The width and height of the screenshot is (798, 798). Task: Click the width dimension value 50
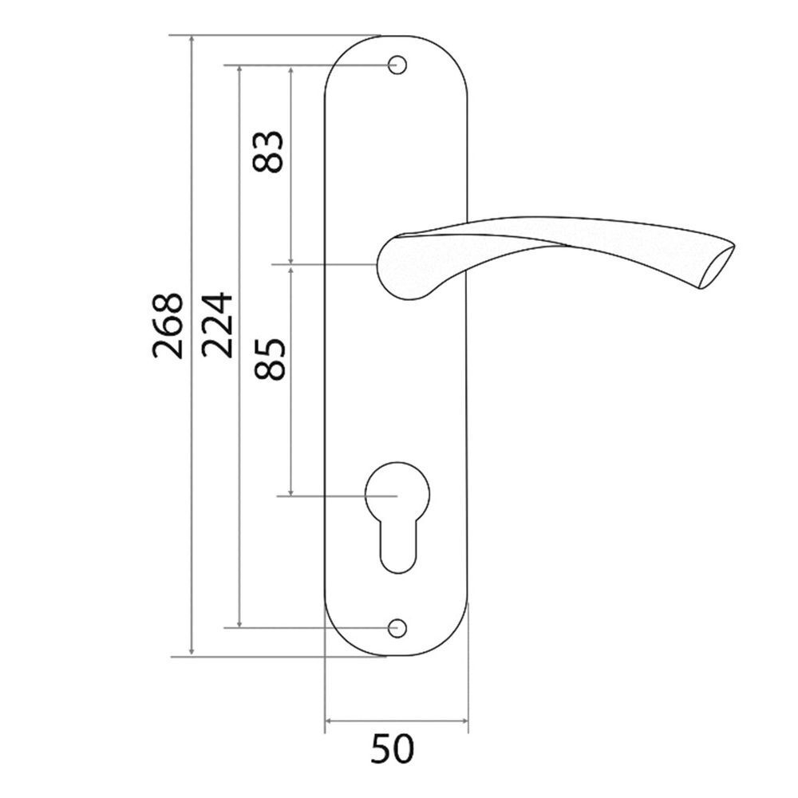[394, 750]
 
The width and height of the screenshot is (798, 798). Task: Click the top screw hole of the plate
[397, 65]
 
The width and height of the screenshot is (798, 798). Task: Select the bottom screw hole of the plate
[397, 628]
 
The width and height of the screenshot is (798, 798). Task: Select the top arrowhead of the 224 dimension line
[240, 70]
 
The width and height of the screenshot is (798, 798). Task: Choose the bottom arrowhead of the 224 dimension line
[240, 622]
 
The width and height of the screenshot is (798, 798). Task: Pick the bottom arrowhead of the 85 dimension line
[292, 491]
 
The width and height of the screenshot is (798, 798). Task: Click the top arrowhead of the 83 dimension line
[292, 70]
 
